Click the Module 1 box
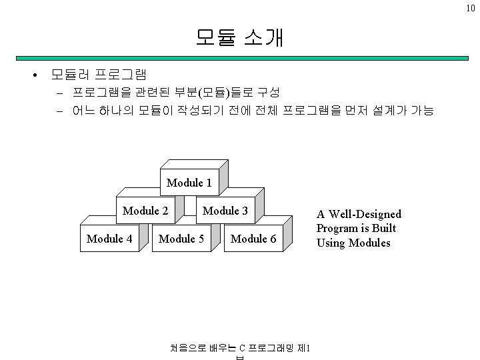(189, 182)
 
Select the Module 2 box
(145, 211)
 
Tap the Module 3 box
(225, 211)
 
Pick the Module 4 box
(109, 238)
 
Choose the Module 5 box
(181, 238)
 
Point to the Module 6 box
(253, 238)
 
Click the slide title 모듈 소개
(240, 37)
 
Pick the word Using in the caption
(331, 243)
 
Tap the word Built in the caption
(384, 228)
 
